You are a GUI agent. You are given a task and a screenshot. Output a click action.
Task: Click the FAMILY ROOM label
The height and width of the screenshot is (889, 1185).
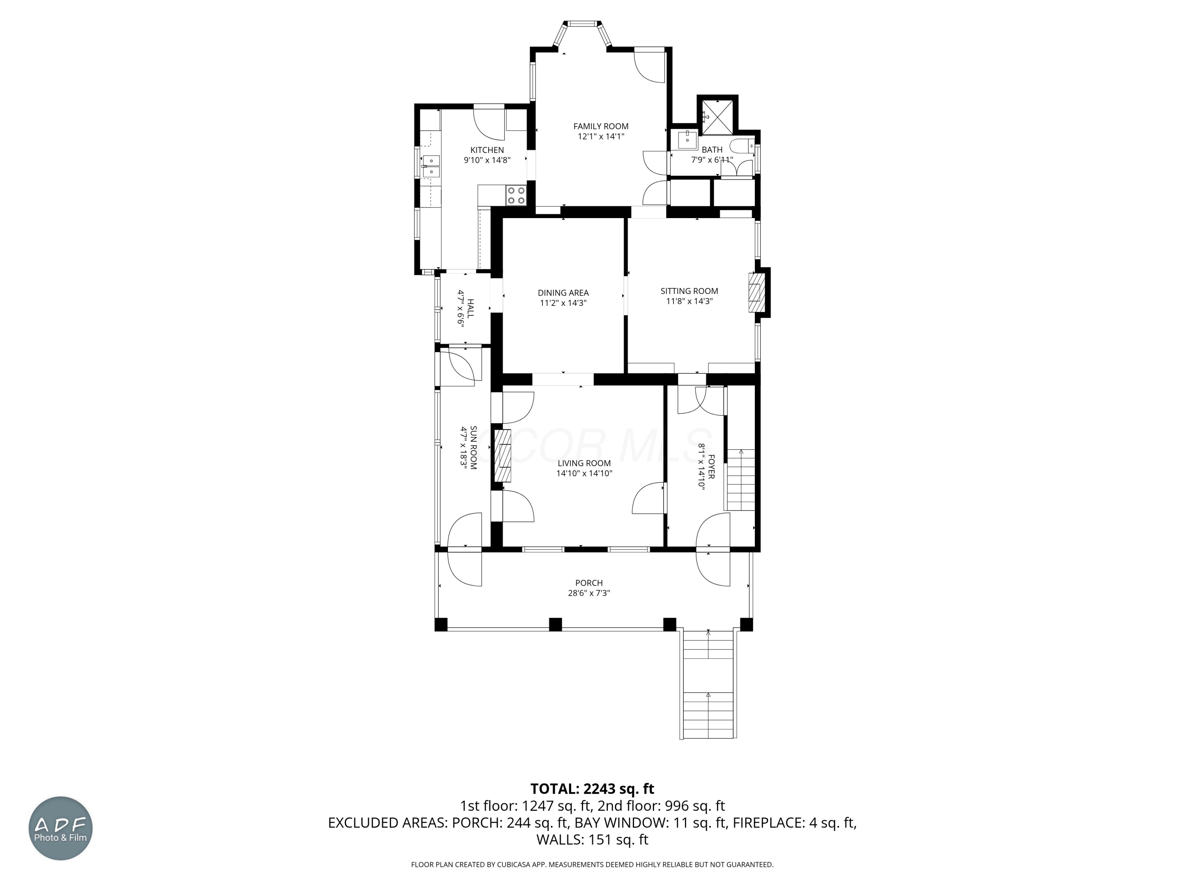pos(600,126)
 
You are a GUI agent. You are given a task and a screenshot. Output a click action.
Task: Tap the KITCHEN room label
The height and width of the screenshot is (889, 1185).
pos(487,150)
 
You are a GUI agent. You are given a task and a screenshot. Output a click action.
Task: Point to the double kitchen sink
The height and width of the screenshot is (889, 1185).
pos(430,166)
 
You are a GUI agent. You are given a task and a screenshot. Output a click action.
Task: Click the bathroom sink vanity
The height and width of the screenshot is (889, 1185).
pos(686,140)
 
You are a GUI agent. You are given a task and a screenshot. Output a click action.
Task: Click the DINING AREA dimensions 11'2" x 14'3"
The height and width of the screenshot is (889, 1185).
pos(563,303)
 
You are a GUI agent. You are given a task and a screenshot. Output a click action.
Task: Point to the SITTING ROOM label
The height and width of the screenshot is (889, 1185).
pos(689,291)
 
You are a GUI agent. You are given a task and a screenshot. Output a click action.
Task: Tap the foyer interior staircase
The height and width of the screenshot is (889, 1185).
pos(740,480)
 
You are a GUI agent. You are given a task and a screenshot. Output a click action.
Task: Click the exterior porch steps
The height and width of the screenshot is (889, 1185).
pos(708,685)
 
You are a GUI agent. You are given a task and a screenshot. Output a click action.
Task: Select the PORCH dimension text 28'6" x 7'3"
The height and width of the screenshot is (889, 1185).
pos(589,593)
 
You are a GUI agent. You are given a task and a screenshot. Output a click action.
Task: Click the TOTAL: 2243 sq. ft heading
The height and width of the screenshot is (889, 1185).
pos(592,789)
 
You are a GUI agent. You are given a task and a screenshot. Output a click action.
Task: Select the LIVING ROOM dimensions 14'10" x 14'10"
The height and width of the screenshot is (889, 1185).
pos(584,474)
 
